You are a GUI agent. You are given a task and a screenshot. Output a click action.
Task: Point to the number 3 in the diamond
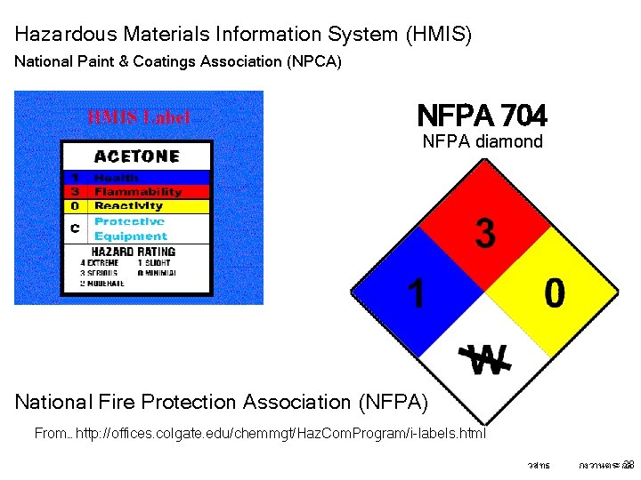[x=484, y=234]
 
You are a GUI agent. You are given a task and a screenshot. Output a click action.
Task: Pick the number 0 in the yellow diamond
[x=554, y=293]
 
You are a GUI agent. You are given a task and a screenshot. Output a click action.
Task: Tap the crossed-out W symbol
[x=486, y=358]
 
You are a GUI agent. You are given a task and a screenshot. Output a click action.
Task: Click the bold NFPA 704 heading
[x=482, y=116]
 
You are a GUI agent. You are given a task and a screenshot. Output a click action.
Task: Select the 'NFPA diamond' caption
[x=482, y=141]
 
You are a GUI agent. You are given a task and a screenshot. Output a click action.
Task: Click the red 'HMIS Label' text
[x=138, y=117]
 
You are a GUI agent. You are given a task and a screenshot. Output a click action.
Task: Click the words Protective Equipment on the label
[x=130, y=228]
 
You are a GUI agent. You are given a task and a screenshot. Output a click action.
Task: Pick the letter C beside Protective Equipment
[x=75, y=228]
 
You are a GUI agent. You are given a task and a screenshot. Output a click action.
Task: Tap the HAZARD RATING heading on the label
[x=134, y=251]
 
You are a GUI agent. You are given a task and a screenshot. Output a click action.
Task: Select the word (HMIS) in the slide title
[x=438, y=35]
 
